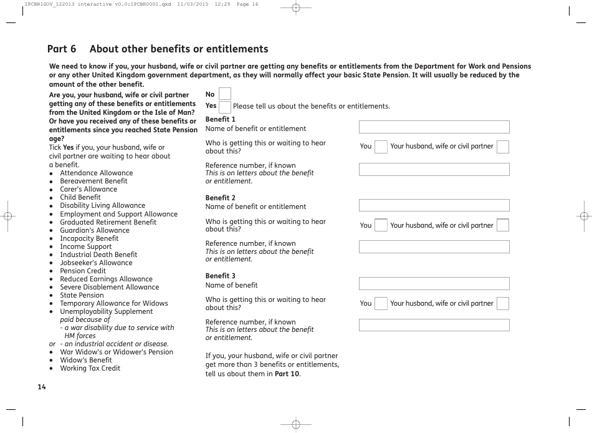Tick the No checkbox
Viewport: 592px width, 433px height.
pyautogui.click(x=225, y=94)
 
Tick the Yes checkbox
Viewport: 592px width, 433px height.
pyautogui.click(x=225, y=107)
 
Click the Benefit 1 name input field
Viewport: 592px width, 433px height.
pyautogui.click(x=434, y=127)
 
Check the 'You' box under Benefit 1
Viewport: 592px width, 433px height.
pyautogui.click(x=381, y=147)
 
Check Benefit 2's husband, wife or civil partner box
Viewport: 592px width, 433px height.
pyautogui.click(x=502, y=225)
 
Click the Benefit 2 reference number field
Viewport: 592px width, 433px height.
pyautogui.click(x=434, y=246)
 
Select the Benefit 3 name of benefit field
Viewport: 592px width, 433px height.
pyautogui.click(x=434, y=284)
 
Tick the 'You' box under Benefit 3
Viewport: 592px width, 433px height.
pyautogui.click(x=381, y=304)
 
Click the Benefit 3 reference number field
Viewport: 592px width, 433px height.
pyautogui.click(x=434, y=325)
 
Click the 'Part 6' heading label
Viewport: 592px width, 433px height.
pyautogui.click(x=62, y=49)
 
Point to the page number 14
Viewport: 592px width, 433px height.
pyautogui.click(x=42, y=387)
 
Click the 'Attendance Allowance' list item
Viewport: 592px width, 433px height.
pyautogui.click(x=96, y=173)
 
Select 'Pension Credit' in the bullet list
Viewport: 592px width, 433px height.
pyautogui.click(x=83, y=271)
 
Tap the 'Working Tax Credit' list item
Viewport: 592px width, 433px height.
pyautogui.click(x=90, y=368)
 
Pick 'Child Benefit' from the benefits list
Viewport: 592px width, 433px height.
pyautogui.click(x=80, y=197)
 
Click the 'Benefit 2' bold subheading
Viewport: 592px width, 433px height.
pyautogui.click(x=221, y=198)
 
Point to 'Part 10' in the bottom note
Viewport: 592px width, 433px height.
pyautogui.click(x=287, y=374)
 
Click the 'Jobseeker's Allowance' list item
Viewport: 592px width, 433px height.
pyautogui.click(x=96, y=263)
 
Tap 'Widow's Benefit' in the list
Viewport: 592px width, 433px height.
pyautogui.click(x=86, y=360)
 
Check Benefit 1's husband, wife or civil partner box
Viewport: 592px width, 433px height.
pyautogui.click(x=502, y=147)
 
